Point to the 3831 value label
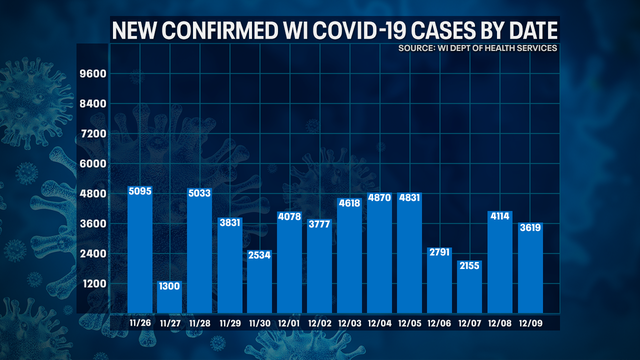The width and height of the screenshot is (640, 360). tap(232, 224)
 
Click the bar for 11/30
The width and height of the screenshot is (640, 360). tap(262, 280)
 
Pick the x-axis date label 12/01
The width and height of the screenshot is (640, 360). tap(292, 322)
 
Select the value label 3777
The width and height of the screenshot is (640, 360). tap(322, 225)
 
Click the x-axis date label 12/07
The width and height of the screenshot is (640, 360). tap(471, 322)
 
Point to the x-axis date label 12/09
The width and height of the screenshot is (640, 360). tap(531, 322)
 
